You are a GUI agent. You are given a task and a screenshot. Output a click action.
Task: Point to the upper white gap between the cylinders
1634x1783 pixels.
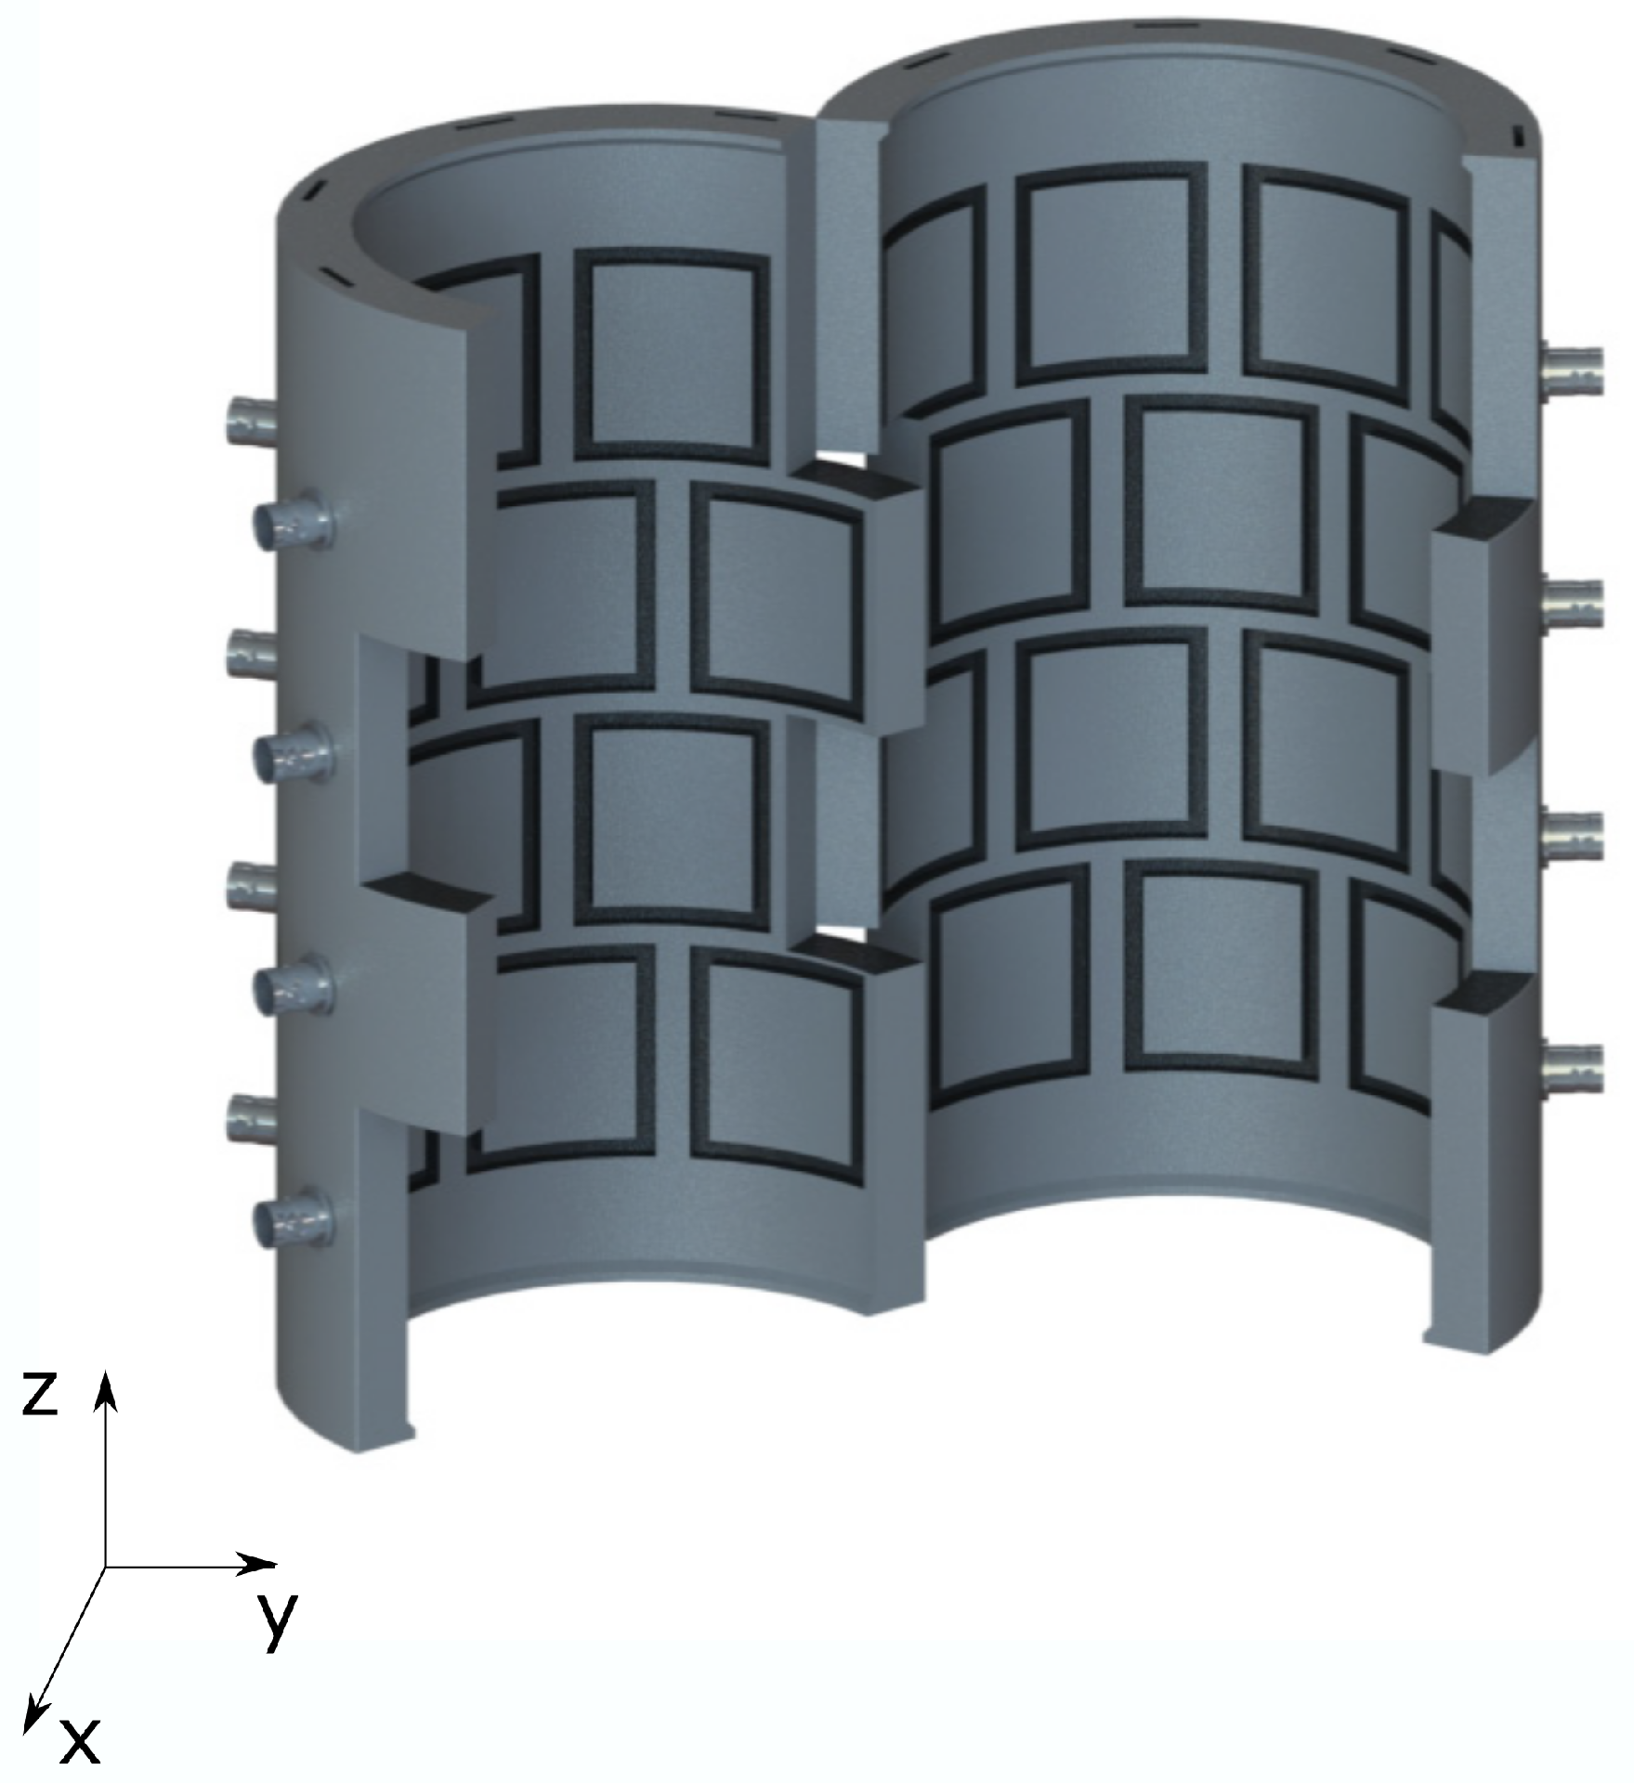pyautogui.click(x=850, y=461)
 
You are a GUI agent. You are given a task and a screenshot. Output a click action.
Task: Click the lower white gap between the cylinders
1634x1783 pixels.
pyautogui.click(x=850, y=931)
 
